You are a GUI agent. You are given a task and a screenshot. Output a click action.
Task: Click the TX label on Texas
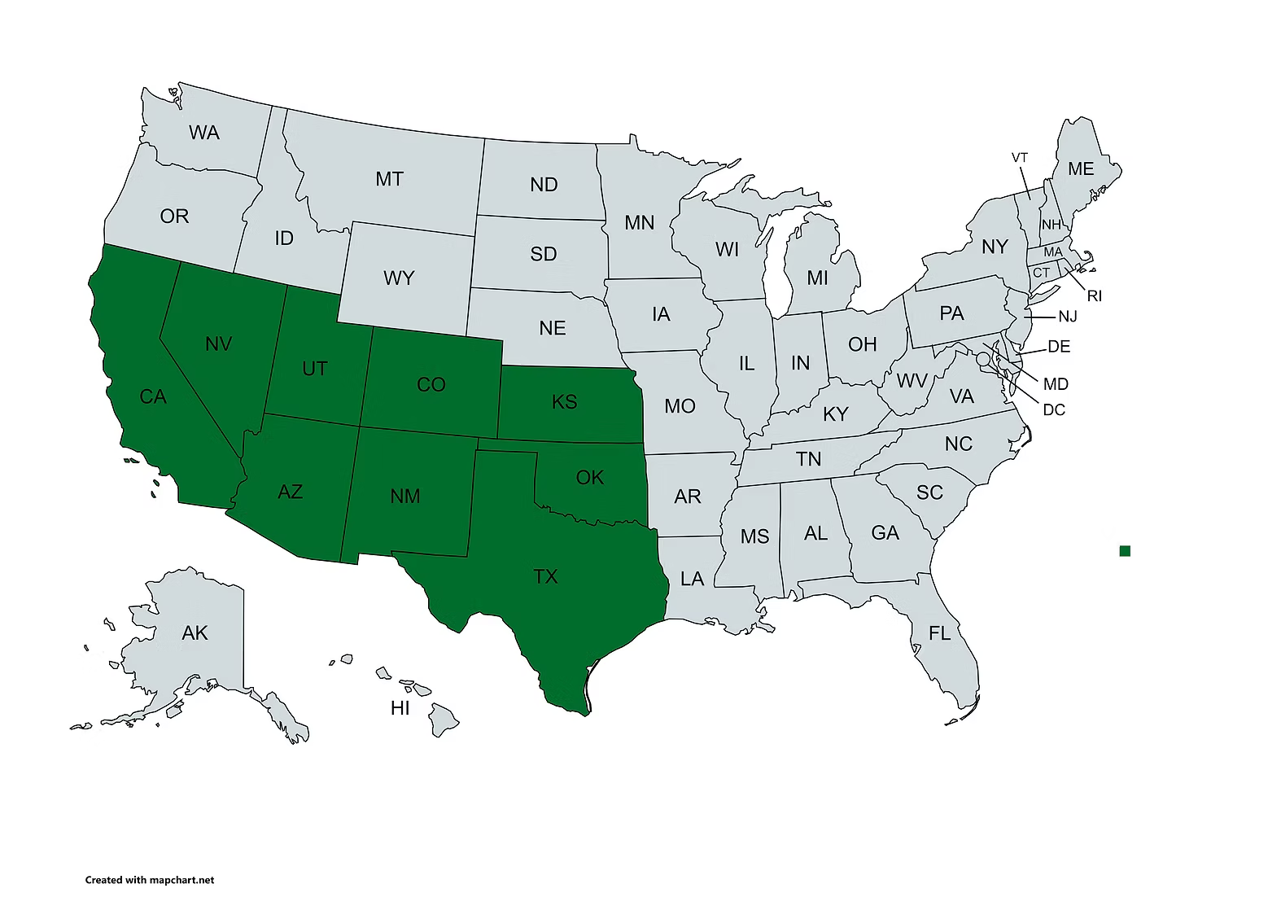point(545,577)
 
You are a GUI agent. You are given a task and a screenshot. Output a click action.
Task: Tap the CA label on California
point(153,397)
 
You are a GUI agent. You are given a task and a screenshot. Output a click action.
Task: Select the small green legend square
point(1125,551)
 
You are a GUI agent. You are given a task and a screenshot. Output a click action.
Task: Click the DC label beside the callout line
point(1054,409)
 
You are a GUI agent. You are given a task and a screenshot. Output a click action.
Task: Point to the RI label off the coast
point(1095,296)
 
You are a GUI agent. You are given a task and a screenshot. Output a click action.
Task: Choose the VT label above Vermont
point(1020,158)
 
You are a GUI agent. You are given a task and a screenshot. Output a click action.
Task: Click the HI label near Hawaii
point(400,708)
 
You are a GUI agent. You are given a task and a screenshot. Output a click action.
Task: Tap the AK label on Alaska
point(195,633)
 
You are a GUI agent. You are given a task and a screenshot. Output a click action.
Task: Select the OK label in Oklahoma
point(589,478)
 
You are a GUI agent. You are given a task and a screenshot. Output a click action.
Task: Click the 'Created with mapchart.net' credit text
point(150,880)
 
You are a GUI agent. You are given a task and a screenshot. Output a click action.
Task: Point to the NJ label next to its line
point(1068,317)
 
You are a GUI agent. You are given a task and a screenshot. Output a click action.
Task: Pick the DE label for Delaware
point(1059,347)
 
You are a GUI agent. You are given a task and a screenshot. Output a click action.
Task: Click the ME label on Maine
point(1081,169)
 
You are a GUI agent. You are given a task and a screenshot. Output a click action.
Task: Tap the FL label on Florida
point(940,632)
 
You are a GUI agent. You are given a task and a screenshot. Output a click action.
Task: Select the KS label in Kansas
point(564,401)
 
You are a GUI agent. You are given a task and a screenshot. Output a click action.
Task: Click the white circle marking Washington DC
point(983,358)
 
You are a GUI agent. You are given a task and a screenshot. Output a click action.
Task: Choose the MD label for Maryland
point(1056,384)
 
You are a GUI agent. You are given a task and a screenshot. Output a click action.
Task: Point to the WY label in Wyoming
point(399,278)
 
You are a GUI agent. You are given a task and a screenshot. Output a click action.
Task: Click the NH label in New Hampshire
point(1051,225)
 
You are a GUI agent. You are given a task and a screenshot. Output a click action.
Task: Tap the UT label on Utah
point(314,369)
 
